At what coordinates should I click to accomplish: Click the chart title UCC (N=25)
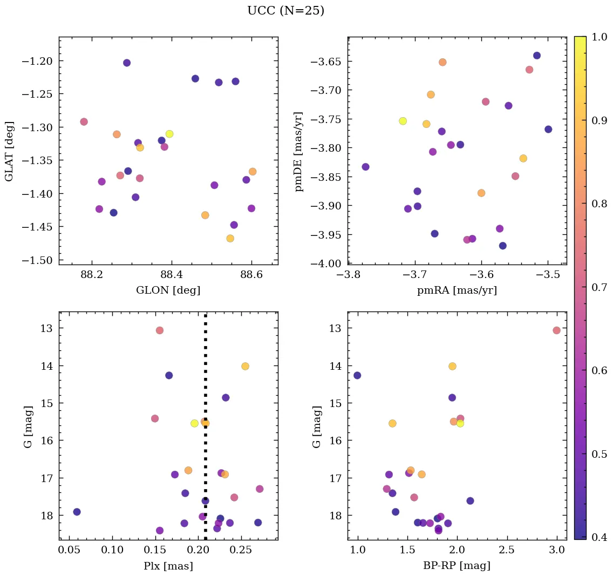(285, 11)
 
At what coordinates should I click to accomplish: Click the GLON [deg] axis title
(168, 290)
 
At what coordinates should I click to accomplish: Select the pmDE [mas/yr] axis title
(298, 152)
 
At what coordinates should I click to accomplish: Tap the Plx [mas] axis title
(168, 566)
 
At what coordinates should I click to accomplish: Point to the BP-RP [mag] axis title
(457, 566)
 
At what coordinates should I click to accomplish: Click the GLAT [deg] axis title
(10, 152)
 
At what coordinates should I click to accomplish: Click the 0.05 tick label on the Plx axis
(70, 550)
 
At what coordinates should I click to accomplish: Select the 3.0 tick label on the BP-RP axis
(557, 550)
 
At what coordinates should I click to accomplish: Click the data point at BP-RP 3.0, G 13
(556, 330)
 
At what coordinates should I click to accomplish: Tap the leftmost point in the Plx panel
(77, 512)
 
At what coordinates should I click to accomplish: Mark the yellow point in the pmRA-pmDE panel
(403, 121)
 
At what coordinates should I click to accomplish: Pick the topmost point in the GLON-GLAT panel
(127, 63)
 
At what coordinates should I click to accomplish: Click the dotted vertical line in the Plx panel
(206, 378)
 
